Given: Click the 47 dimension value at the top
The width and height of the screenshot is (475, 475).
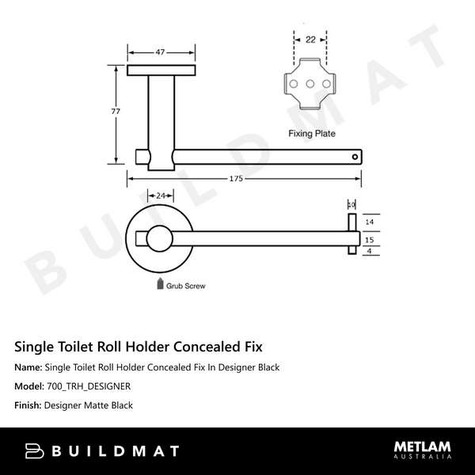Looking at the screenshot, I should (160, 52).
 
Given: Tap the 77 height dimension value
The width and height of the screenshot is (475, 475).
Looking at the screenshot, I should (116, 112).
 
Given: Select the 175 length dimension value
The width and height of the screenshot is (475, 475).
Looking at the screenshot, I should (236, 179).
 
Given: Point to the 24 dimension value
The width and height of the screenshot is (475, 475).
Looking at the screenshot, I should (161, 195).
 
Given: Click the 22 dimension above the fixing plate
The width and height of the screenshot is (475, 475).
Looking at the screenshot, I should (310, 38).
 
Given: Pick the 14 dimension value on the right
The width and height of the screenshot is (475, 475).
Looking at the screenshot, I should (368, 222).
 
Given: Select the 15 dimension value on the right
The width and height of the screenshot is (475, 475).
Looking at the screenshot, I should (368, 238).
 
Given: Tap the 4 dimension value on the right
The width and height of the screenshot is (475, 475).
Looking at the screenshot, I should (369, 252).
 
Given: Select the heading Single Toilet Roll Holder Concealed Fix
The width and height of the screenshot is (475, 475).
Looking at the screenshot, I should (139, 347).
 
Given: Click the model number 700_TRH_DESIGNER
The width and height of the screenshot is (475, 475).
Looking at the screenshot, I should (89, 386).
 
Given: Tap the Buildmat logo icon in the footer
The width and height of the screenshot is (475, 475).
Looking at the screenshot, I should (35, 451).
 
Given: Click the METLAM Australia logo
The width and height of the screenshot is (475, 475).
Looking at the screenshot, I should (423, 450).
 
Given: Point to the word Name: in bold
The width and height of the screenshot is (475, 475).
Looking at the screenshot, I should (28, 367).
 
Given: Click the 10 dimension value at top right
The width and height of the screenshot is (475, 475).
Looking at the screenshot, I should (351, 204).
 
